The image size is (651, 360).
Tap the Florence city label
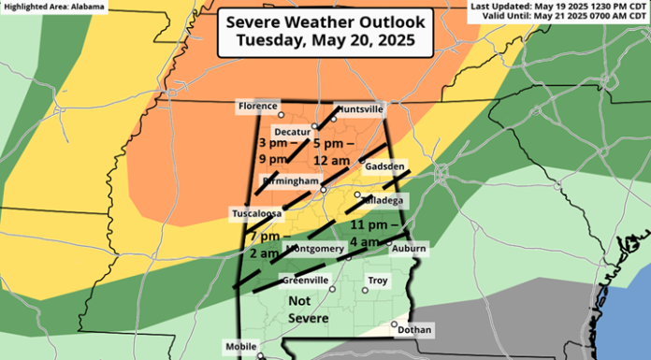pos(257,107)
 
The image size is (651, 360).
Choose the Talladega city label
pos(384,200)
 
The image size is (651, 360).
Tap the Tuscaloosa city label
pos(253,214)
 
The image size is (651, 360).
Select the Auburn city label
pos(410,249)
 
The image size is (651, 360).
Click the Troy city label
pos(378,281)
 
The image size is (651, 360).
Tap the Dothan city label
pos(414,330)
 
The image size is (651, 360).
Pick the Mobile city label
pos(242,347)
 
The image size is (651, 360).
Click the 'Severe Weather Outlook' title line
pos(325,22)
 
